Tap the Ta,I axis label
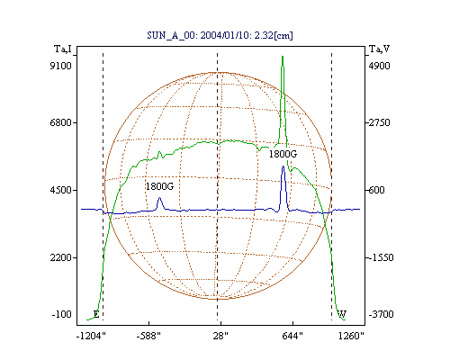coord(63,49)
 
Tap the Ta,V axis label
coord(379,49)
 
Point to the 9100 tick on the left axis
coord(61,66)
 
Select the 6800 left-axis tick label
coord(61,122)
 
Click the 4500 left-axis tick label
coord(61,190)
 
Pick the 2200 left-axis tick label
coord(61,257)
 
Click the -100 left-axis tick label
coord(62,314)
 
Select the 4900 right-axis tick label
coord(379,66)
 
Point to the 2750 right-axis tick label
coord(379,122)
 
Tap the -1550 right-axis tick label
coord(381,257)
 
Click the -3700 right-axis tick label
coord(381,314)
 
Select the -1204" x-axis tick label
coord(91,336)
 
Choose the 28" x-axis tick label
coord(220,336)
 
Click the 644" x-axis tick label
coord(292,336)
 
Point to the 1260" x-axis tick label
coord(351,336)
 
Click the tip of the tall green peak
coord(283,57)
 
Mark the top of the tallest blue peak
coord(283,166)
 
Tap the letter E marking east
coord(96,314)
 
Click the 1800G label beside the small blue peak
coord(159,186)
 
